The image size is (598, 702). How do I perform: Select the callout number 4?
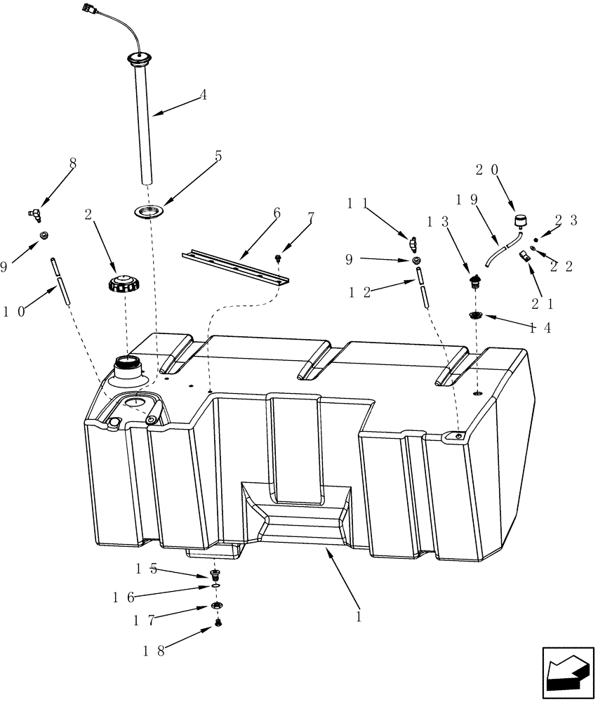(204, 95)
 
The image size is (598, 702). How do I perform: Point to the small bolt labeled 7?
(279, 259)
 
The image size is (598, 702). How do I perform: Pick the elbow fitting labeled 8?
(34, 213)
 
